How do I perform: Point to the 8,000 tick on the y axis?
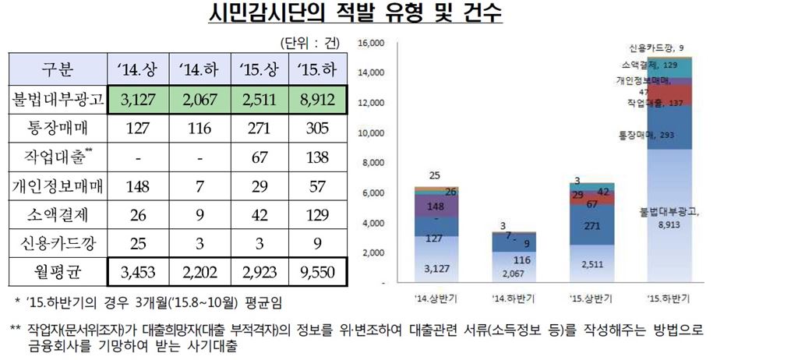pyautogui.click(x=373, y=163)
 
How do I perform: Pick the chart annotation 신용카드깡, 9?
pyautogui.click(x=656, y=47)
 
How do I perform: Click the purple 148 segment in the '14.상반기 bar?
pyautogui.click(x=436, y=206)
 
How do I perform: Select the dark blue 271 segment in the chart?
pyautogui.click(x=591, y=226)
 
